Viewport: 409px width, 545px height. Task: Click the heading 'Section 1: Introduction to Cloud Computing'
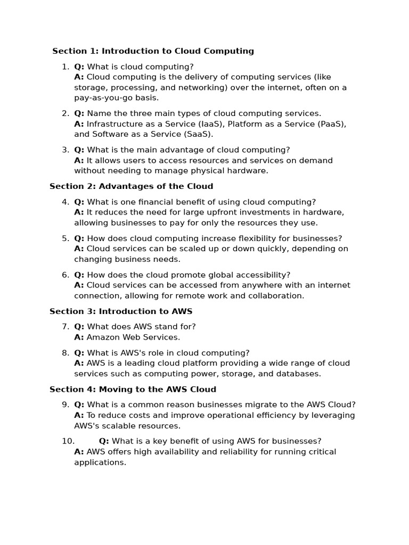pyautogui.click(x=153, y=51)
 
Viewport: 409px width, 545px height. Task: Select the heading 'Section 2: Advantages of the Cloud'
pyautogui.click(x=131, y=186)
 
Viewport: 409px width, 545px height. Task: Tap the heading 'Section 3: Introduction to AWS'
pyautogui.click(x=121, y=311)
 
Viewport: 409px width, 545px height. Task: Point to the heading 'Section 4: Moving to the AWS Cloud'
pyautogui.click(x=133, y=390)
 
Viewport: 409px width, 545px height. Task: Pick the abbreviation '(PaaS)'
pyautogui.click(x=332, y=124)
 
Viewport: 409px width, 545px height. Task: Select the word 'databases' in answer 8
pyautogui.click(x=299, y=374)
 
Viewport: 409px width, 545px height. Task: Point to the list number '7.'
pyautogui.click(x=66, y=327)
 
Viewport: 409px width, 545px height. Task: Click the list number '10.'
pyautogui.click(x=68, y=441)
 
